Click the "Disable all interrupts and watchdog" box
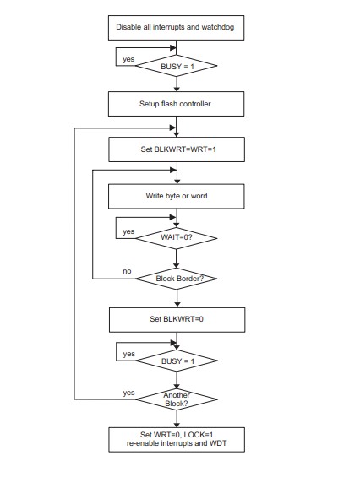[x=176, y=28]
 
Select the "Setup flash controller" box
[x=176, y=104]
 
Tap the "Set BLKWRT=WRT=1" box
[x=177, y=149]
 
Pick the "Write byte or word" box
[x=177, y=196]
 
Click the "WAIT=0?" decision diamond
[x=177, y=238]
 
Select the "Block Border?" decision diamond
[x=177, y=279]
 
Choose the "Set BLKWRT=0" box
[x=177, y=320]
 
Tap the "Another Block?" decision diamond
[x=177, y=399]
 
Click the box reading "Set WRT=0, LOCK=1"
[x=177, y=440]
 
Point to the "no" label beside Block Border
[x=127, y=271]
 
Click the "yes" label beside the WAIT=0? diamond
[x=128, y=231]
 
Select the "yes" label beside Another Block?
[x=128, y=393]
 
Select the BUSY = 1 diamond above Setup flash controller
[x=177, y=66]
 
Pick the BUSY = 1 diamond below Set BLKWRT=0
[x=177, y=361]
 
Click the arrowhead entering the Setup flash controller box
[x=177, y=89]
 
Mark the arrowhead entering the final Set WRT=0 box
[x=177, y=425]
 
